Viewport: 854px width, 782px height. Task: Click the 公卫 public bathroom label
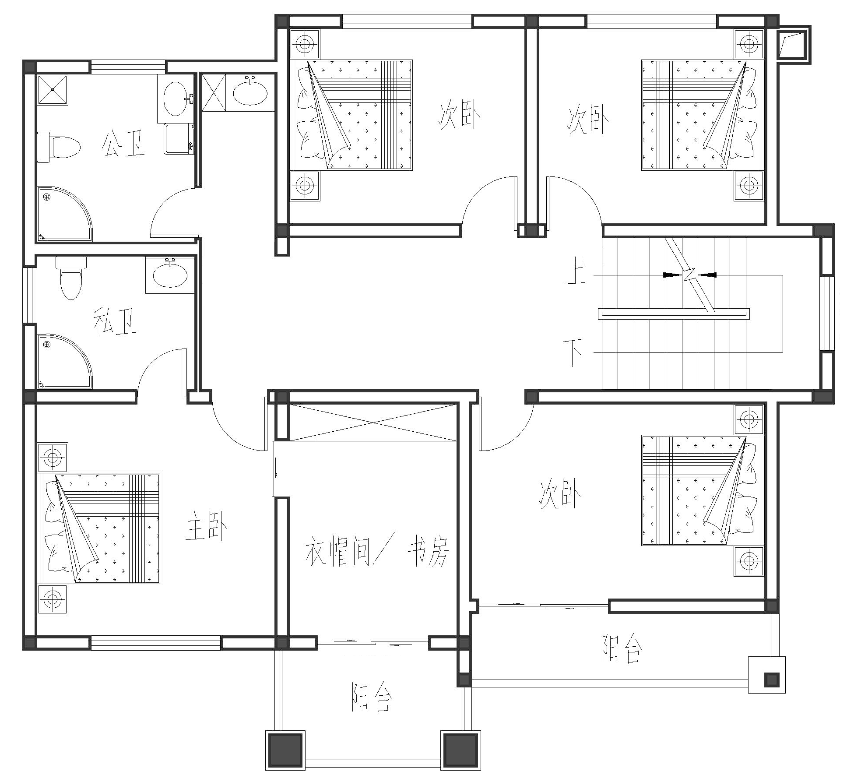[x=123, y=144]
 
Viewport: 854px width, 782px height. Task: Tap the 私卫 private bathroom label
[x=115, y=321]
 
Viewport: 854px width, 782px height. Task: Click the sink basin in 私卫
[x=170, y=275]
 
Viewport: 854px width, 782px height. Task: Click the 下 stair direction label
[x=573, y=352]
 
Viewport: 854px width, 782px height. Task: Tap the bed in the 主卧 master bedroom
[x=100, y=528]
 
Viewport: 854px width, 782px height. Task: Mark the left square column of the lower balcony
[x=285, y=750]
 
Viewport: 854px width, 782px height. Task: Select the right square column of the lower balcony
[x=460, y=750]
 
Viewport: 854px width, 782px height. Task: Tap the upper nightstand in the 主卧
[x=53, y=458]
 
